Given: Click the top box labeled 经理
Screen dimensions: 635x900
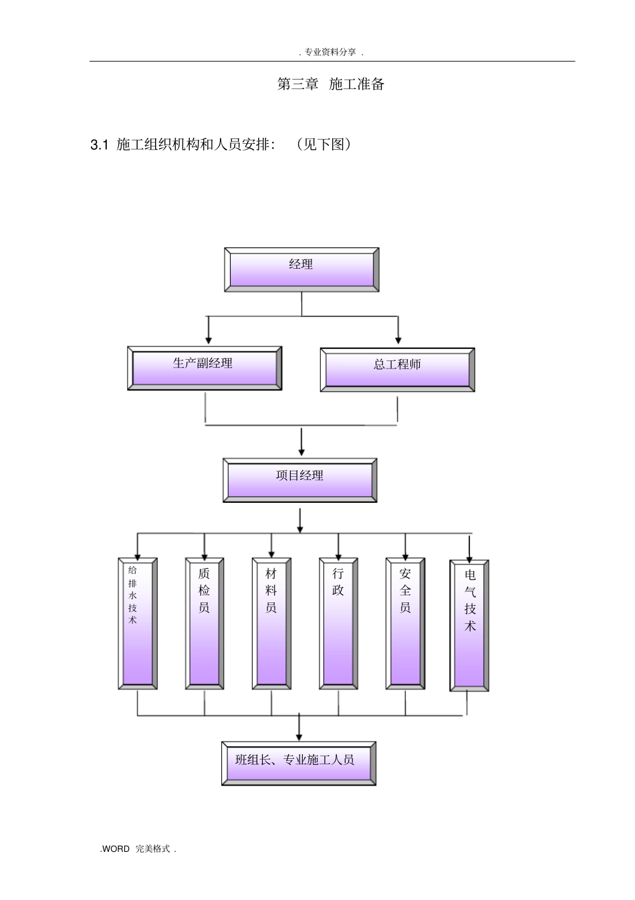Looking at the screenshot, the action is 301,269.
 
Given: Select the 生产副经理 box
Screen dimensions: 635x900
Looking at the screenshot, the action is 205,368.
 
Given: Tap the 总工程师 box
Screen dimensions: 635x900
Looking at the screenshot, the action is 397,370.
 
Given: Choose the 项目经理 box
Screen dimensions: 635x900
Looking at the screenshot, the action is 299,480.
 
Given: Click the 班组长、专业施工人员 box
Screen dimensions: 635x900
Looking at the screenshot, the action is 298,764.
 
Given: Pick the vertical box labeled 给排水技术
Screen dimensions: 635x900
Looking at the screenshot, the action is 138,624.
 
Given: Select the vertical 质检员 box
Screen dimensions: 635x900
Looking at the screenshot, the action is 205,624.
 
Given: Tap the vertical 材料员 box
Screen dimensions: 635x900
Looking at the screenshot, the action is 271,624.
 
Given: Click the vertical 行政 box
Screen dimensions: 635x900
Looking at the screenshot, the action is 338,624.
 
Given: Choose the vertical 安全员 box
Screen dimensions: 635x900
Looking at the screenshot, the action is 405,624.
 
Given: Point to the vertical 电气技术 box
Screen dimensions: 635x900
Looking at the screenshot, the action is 469,626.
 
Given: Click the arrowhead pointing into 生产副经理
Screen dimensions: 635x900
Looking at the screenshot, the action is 208,341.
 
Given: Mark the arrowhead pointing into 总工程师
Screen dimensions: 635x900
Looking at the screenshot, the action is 398,341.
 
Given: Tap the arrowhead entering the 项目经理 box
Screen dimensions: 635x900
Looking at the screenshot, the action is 301,453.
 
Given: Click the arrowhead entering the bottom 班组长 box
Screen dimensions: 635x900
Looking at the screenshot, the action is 299,737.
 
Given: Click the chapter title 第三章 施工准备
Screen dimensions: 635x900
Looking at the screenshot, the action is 331,84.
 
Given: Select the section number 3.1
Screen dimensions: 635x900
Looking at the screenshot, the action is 99,144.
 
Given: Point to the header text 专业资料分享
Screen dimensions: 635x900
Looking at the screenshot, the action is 330,52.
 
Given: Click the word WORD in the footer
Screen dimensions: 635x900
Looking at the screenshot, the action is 116,849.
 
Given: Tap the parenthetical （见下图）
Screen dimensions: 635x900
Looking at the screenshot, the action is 324,144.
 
